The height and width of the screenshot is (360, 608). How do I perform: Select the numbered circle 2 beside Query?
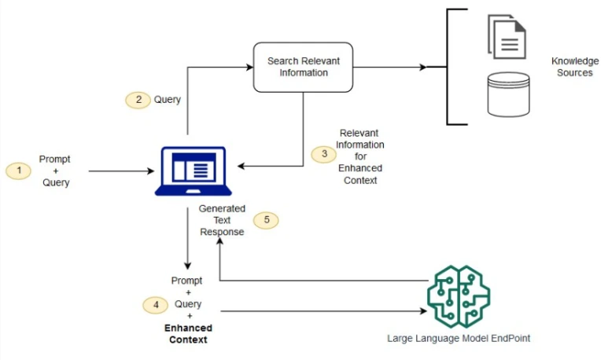point(138,100)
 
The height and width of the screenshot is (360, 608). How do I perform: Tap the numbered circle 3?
point(322,154)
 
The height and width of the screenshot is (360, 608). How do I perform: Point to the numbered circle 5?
point(267,220)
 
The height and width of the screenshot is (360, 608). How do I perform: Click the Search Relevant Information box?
point(303,67)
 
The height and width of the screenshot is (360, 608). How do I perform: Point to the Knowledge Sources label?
point(574,66)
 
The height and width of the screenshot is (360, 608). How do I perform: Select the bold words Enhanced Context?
point(188,334)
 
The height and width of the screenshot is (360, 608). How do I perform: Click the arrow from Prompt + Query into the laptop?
point(122,170)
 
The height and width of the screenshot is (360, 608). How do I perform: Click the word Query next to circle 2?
point(167,100)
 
